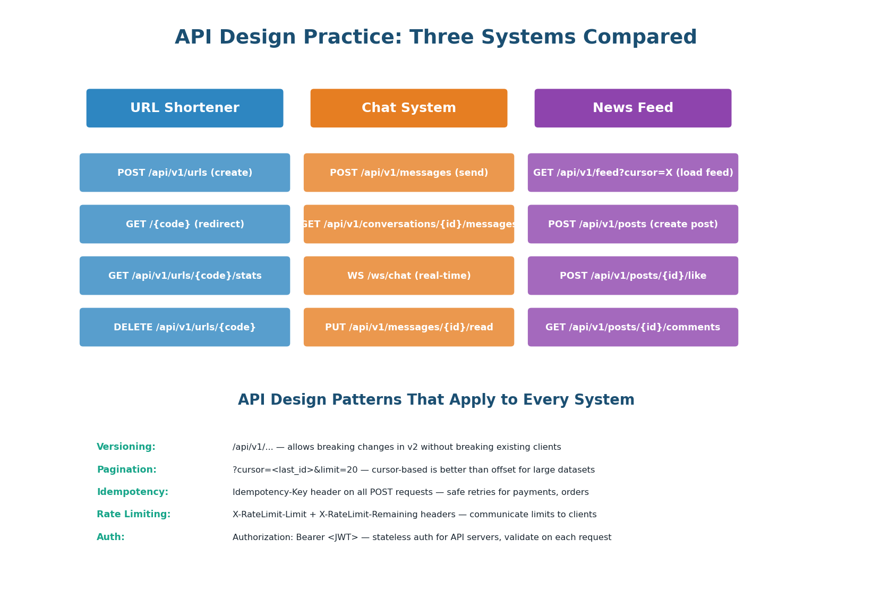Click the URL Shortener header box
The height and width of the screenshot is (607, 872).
(x=185, y=108)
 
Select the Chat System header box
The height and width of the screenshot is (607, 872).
(x=409, y=108)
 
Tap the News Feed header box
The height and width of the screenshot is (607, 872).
(x=633, y=108)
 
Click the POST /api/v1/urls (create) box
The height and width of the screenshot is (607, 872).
(x=185, y=173)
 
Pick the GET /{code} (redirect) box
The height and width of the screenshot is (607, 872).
(x=185, y=224)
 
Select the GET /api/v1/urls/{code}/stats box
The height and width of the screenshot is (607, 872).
(x=185, y=276)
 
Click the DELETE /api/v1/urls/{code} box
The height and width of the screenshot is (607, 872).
(x=185, y=327)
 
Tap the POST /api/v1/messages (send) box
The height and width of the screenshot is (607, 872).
(x=409, y=173)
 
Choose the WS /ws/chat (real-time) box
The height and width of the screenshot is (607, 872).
(x=409, y=276)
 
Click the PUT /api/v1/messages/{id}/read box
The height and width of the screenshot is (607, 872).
(x=409, y=327)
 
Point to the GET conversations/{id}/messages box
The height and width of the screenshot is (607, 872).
(x=409, y=224)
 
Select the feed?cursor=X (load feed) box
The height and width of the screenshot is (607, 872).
(x=633, y=173)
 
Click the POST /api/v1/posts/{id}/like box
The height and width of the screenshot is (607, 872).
(x=633, y=276)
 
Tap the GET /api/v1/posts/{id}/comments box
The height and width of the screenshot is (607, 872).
(x=633, y=327)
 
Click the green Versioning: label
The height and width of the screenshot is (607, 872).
(x=126, y=447)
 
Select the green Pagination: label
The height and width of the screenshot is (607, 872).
(x=127, y=470)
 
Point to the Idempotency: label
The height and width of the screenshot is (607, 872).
(x=133, y=492)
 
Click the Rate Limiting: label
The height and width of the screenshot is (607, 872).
(x=134, y=515)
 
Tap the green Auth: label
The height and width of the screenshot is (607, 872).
(x=111, y=537)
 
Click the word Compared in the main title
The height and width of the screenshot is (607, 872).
(x=640, y=38)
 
